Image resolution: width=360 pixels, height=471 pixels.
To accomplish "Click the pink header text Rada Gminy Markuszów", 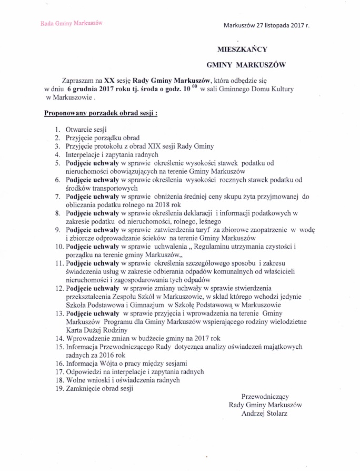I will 71,23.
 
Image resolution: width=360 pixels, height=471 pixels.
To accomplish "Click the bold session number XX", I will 109,81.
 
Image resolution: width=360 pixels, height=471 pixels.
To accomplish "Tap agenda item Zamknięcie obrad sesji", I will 99,389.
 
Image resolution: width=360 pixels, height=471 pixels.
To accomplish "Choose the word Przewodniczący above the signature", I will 265,396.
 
